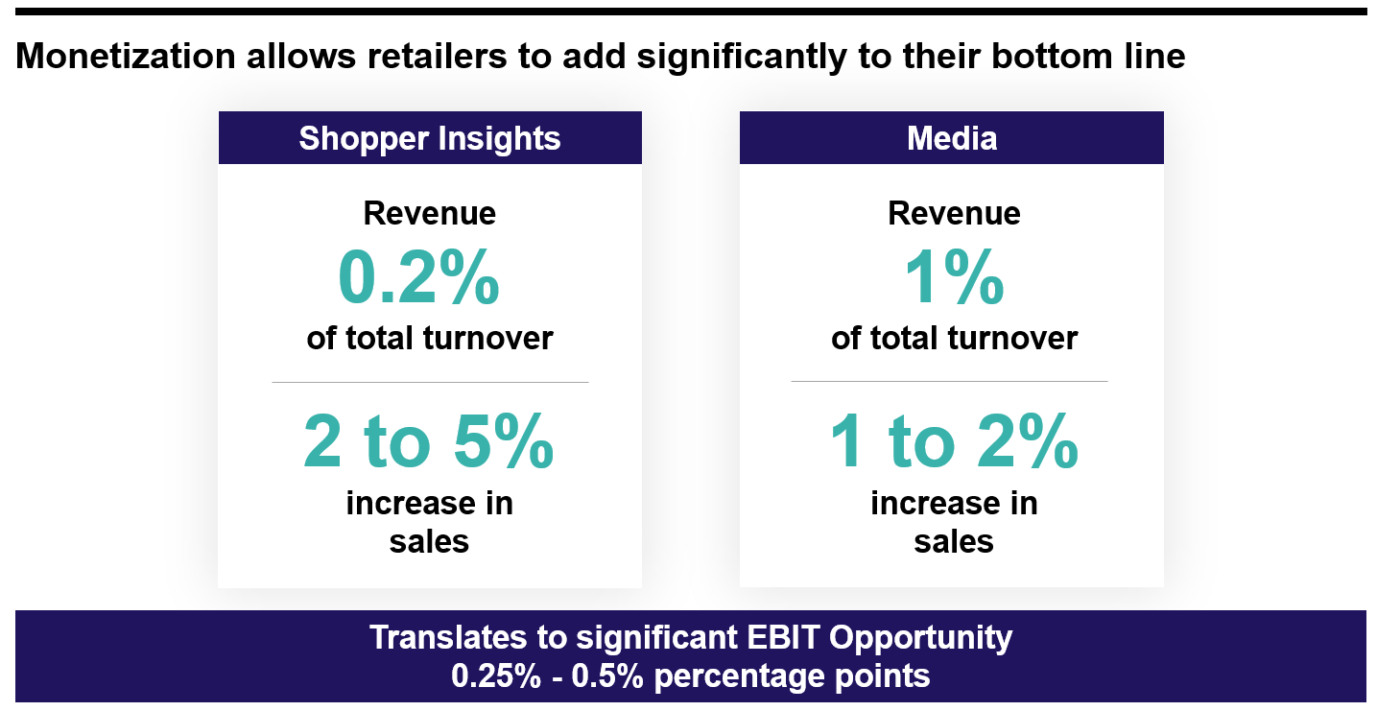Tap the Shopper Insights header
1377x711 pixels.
pyautogui.click(x=429, y=138)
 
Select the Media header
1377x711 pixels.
pyautogui.click(x=952, y=138)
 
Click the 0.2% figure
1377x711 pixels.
pyautogui.click(x=418, y=278)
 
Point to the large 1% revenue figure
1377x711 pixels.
pyautogui.click(x=954, y=278)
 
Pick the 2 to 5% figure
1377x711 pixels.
pyautogui.click(x=429, y=442)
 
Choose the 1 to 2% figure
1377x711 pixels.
pyautogui.click(x=954, y=442)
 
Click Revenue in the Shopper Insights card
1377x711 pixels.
pyautogui.click(x=429, y=213)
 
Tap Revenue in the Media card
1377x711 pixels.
pyautogui.click(x=954, y=213)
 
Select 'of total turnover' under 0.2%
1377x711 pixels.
pyautogui.click(x=429, y=339)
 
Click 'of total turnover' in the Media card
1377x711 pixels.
pyautogui.click(x=954, y=339)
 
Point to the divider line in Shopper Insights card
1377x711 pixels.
pyautogui.click(x=429, y=382)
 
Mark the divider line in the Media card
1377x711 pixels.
pyautogui.click(x=949, y=381)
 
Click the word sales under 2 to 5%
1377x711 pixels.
pyautogui.click(x=429, y=542)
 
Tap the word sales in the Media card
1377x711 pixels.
pyautogui.click(x=954, y=542)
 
